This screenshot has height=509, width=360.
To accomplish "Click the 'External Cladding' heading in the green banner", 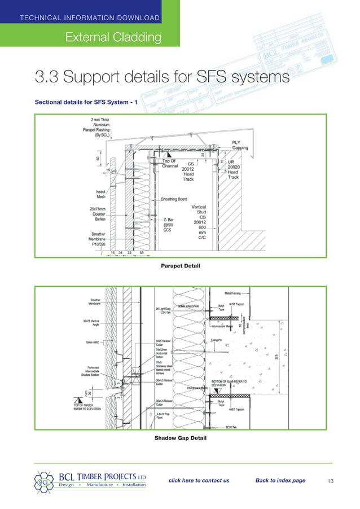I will click(113, 37).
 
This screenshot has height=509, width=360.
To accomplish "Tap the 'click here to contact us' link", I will click(199, 480).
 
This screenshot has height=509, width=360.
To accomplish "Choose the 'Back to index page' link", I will click(280, 480).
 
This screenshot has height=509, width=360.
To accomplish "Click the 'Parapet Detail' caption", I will click(180, 265).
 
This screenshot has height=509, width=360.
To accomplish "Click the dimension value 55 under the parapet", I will click(141, 252).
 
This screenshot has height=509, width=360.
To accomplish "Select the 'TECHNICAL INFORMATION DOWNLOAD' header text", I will click(90, 17).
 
